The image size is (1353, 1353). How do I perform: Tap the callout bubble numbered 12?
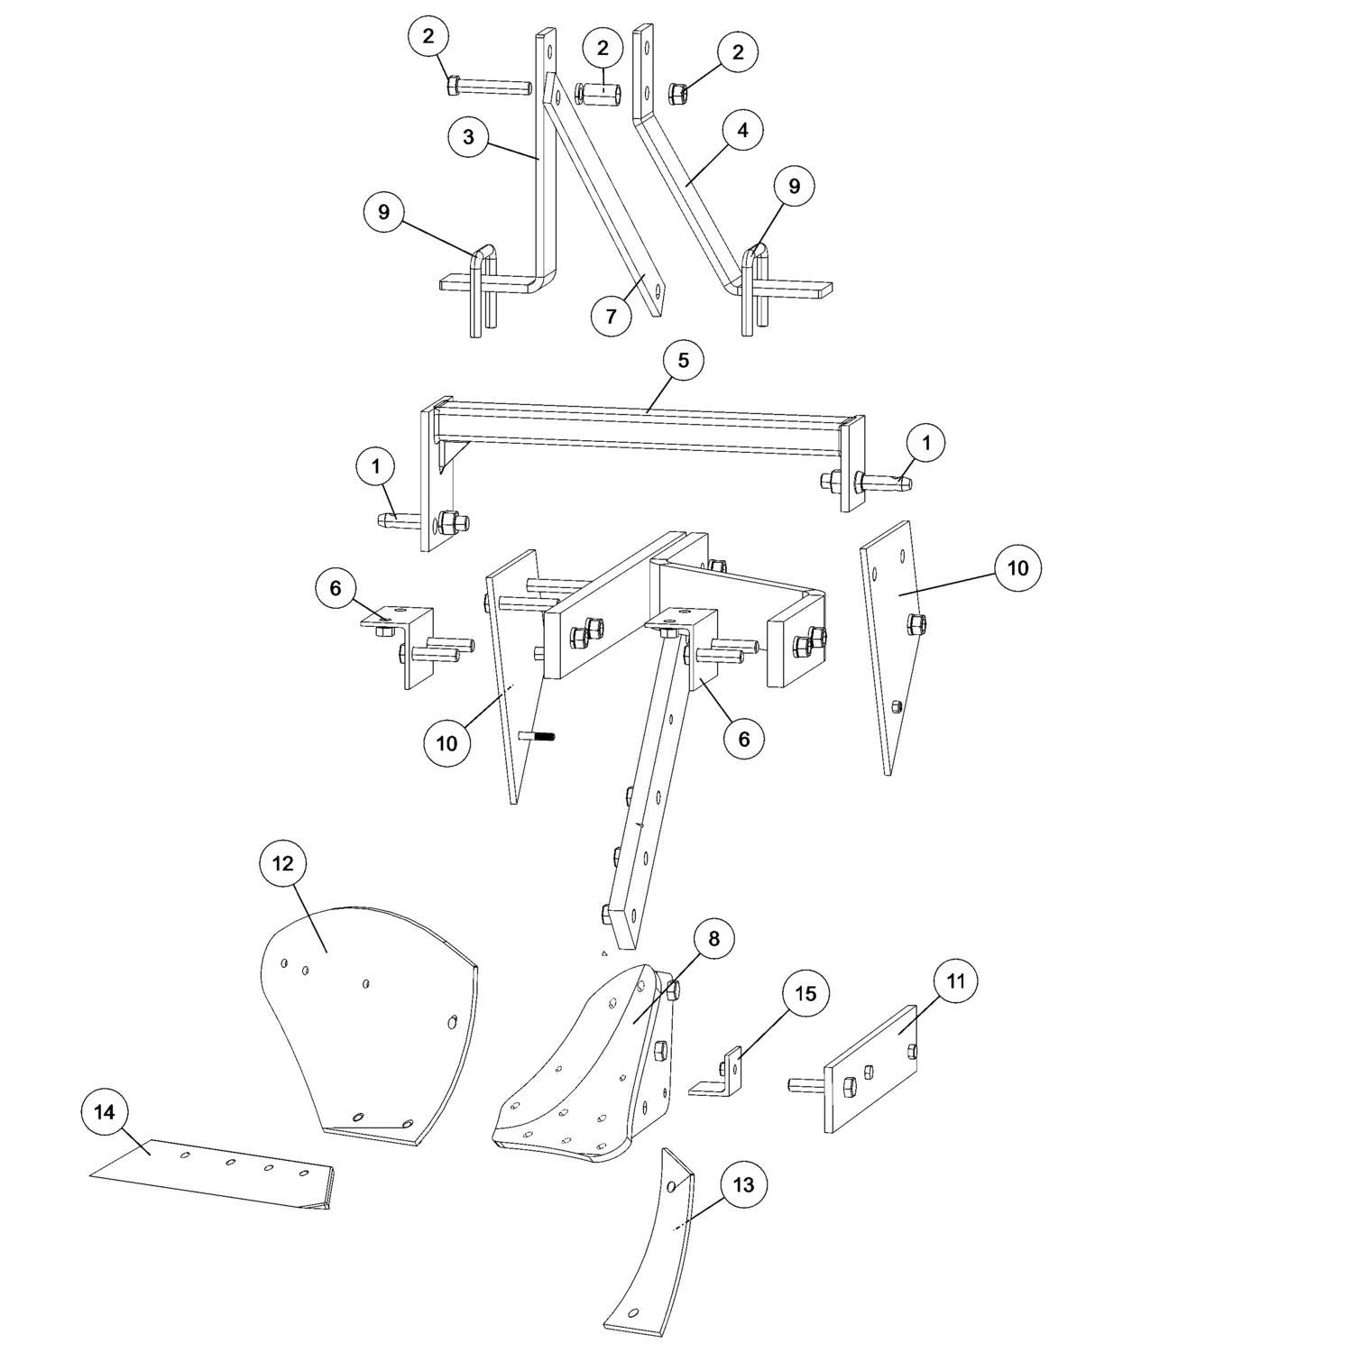pos(282,863)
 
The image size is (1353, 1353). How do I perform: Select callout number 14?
pos(105,1112)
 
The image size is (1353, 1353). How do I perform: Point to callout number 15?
pos(805,993)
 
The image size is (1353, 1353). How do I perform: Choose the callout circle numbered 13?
pos(742,1184)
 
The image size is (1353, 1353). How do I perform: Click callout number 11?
pos(956,980)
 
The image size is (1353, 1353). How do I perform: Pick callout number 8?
pos(713,939)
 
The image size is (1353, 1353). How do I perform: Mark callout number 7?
pos(612,316)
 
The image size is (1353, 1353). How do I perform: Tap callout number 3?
pos(468,137)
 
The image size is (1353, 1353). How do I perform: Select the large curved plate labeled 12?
pos(370,1019)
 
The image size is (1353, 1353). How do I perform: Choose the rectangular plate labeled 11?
pos(870,1069)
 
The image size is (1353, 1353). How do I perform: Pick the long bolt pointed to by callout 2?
pos(487,87)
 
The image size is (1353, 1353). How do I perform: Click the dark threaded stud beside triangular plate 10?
pos(537,737)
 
